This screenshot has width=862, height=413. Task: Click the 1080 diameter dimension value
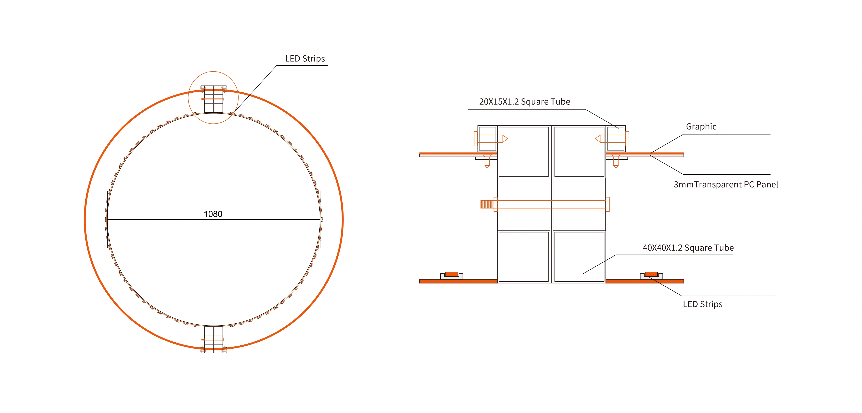213,214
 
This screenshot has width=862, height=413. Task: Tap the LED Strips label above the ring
305,59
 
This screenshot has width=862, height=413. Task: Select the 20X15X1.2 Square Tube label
524,102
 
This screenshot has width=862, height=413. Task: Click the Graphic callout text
701,127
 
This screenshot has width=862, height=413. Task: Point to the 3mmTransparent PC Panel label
725,185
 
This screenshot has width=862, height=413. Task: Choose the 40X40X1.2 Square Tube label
688,248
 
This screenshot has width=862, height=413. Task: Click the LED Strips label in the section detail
702,304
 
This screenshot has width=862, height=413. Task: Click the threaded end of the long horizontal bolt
487,204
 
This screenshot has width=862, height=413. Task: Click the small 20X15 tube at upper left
487,139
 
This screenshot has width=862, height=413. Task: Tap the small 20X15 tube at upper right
615,139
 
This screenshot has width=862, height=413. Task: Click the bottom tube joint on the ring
214,340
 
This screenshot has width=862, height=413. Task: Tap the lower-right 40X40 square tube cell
579,257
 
